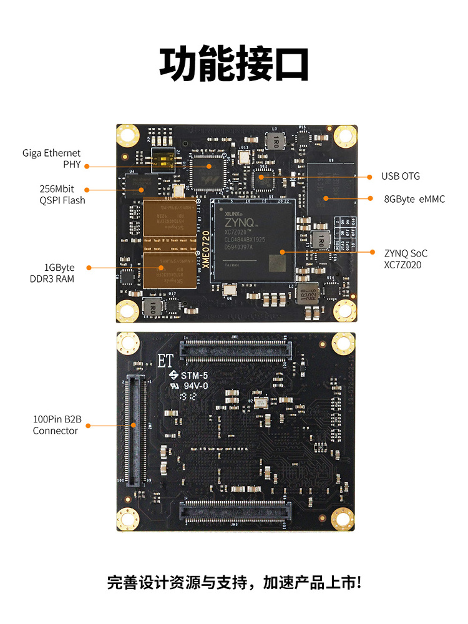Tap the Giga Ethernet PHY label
(x=52, y=158)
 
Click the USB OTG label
(x=401, y=177)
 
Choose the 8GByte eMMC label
(x=414, y=199)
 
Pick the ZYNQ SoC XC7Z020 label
(x=406, y=259)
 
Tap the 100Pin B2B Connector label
(x=56, y=425)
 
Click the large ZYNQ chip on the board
(x=253, y=243)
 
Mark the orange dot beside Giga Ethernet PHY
(x=87, y=166)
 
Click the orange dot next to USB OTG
(x=366, y=177)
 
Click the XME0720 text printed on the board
(x=205, y=248)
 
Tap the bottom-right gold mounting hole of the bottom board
(x=342, y=519)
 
